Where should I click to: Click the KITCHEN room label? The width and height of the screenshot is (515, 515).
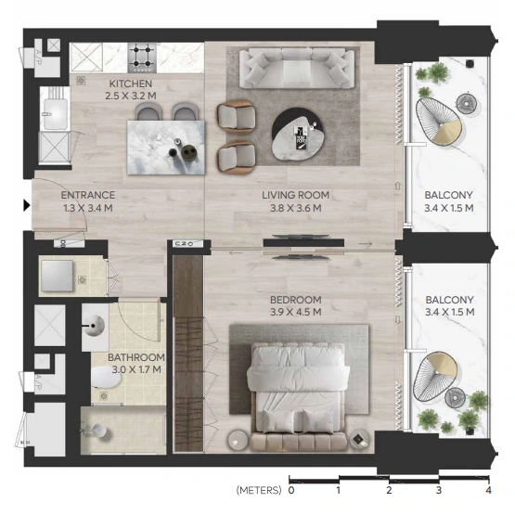(x=131, y=84)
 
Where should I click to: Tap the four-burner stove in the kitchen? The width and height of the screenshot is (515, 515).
(x=142, y=58)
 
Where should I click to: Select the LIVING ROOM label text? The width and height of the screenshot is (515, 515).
(x=296, y=195)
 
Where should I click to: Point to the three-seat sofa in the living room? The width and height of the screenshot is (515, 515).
(x=297, y=69)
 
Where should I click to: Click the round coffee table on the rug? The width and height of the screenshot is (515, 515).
(x=297, y=134)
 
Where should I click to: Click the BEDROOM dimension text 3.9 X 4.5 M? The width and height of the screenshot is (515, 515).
(x=296, y=312)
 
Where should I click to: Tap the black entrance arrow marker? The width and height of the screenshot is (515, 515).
(x=27, y=205)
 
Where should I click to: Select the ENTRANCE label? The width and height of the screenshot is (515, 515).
(x=88, y=195)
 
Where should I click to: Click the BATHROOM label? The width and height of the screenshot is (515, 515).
(x=136, y=357)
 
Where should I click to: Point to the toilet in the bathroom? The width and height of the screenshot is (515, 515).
(x=106, y=377)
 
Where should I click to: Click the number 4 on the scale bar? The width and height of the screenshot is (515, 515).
(x=489, y=490)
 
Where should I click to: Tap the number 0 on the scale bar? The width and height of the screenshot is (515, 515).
(x=291, y=490)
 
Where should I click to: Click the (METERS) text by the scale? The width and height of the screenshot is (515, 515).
(x=259, y=490)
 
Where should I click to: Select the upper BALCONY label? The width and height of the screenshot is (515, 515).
(x=449, y=195)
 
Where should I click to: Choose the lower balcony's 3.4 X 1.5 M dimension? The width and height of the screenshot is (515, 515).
(x=450, y=312)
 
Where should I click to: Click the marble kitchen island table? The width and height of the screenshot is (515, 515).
(x=166, y=148)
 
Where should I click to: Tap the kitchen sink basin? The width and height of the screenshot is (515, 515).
(x=55, y=114)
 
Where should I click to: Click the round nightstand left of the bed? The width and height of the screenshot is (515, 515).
(x=238, y=440)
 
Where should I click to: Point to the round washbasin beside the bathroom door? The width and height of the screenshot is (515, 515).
(x=95, y=326)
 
